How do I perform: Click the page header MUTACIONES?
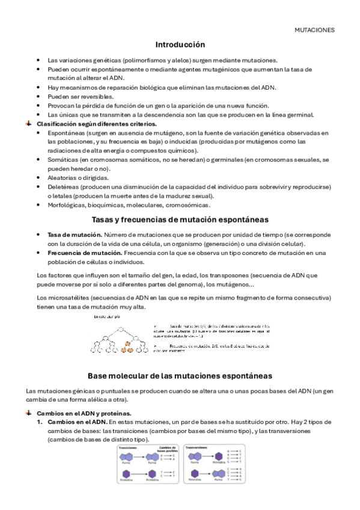click(x=315, y=29)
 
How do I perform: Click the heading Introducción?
click(x=180, y=45)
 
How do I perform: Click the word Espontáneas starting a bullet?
click(x=66, y=132)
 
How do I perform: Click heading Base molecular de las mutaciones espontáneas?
click(x=180, y=375)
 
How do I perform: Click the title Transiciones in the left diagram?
click(x=124, y=447)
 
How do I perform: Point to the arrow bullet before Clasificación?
click(x=28, y=123)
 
